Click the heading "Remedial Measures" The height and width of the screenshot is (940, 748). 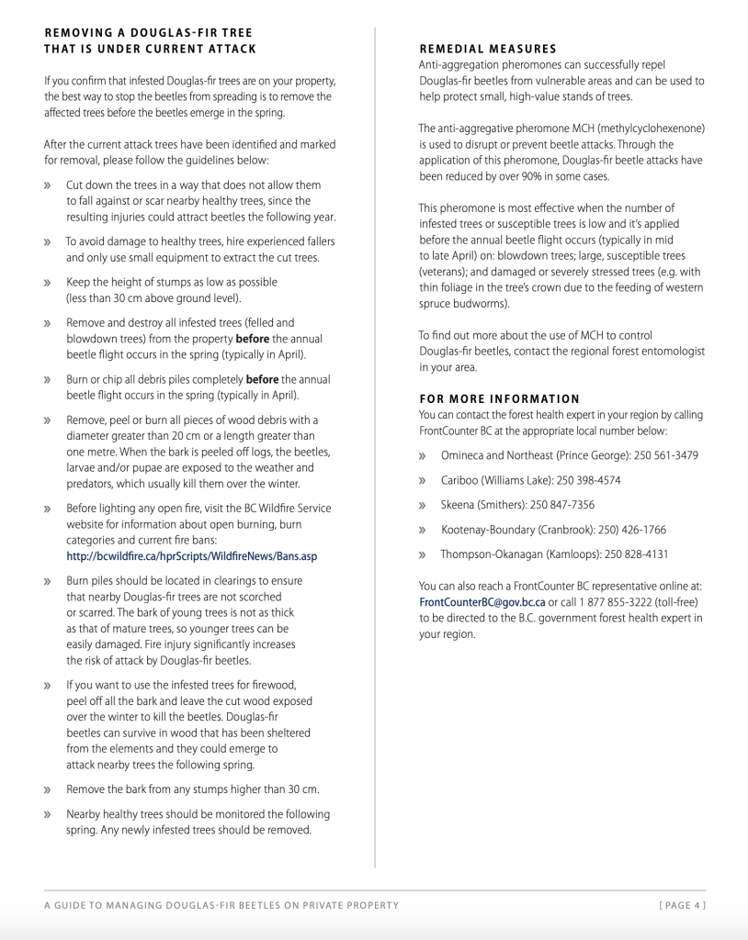(487, 49)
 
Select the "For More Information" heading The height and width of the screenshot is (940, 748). (499, 398)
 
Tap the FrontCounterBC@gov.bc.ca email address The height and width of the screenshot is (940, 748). (482, 602)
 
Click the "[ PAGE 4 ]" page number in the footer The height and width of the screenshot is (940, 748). (682, 905)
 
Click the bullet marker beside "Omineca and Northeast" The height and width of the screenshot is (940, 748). (423, 455)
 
